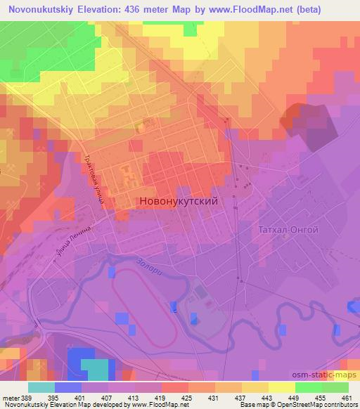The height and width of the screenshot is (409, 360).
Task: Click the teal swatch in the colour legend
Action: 41,387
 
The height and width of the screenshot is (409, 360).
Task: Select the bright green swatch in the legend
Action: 308,387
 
